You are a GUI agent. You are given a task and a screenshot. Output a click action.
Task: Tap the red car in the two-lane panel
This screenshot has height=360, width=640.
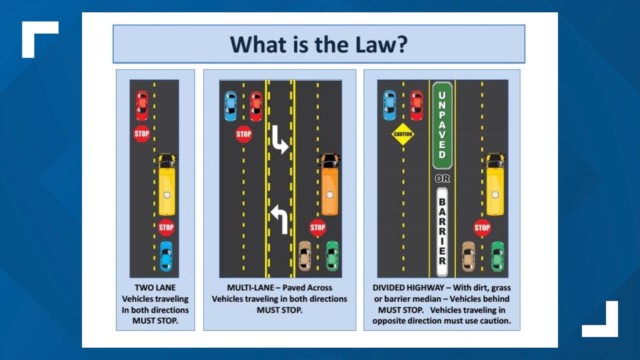[x=142, y=106]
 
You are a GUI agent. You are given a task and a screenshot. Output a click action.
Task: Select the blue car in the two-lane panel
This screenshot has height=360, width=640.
[x=166, y=256]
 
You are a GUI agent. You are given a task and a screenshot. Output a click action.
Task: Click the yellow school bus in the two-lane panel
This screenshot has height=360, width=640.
[x=167, y=184]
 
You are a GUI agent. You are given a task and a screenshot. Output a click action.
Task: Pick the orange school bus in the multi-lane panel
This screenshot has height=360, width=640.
[x=330, y=184]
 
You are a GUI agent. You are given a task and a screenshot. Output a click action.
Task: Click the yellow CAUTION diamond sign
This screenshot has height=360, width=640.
[x=403, y=134]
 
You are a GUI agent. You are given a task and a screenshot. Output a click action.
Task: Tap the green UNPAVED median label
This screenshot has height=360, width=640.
[x=442, y=125]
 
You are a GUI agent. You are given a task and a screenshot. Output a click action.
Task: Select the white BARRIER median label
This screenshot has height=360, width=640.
[x=442, y=231]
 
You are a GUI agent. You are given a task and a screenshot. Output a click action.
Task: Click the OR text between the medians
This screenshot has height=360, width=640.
[x=442, y=179]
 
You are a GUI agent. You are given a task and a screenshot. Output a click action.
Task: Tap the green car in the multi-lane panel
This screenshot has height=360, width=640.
[x=332, y=256]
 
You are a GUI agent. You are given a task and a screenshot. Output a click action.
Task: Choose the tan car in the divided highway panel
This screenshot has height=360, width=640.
[x=468, y=256]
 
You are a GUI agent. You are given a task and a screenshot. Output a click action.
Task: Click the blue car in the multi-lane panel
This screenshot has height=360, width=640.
[x=230, y=106]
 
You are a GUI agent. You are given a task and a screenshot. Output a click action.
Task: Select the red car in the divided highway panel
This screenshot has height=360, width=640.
[x=417, y=105]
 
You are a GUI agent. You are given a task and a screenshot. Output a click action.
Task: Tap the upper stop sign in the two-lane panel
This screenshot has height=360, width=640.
[x=142, y=134]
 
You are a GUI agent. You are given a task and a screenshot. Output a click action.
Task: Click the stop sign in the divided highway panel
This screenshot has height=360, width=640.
[x=482, y=228]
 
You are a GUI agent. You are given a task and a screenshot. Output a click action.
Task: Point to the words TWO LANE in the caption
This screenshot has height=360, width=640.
[x=155, y=288]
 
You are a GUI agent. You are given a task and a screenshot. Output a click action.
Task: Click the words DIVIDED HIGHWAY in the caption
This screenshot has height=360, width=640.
[x=408, y=288]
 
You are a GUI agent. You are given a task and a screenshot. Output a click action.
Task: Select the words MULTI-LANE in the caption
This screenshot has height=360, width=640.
[x=250, y=288]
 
